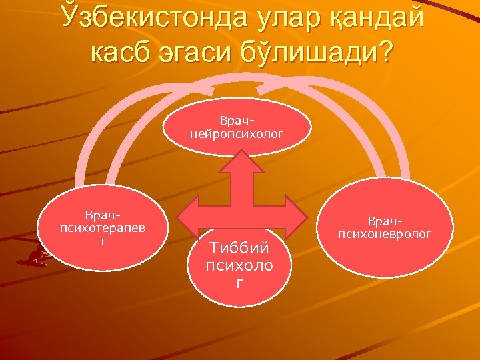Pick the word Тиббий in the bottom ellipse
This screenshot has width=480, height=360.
click(239, 248)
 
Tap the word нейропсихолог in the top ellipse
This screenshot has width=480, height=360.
click(237, 133)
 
